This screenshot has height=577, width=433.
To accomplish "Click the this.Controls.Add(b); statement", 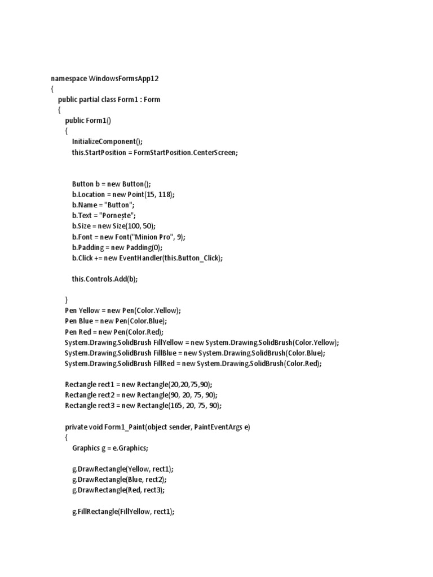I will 105,279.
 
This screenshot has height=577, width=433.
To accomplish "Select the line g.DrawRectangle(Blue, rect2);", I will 120,480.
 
